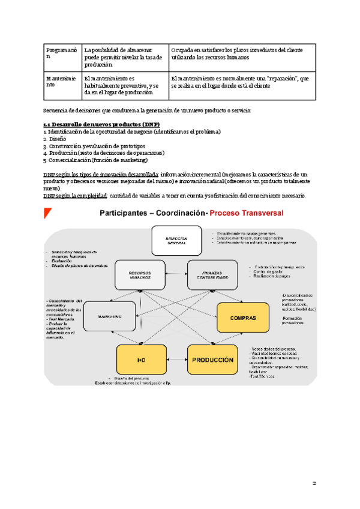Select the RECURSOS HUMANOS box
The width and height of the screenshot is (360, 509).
tap(139, 275)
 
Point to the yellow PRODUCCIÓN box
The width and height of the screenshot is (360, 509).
tap(212, 360)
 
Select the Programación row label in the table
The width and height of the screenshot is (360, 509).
tap(62, 53)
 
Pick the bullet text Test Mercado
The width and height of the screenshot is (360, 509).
tap(61, 318)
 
